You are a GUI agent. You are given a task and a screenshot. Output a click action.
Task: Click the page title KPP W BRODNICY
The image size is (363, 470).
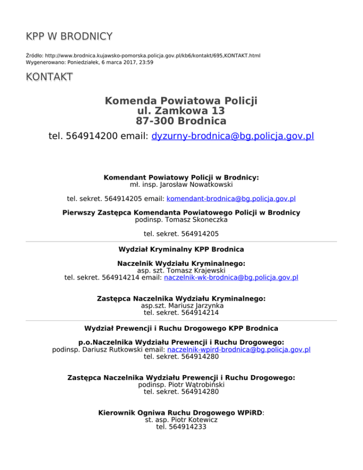point(69,36)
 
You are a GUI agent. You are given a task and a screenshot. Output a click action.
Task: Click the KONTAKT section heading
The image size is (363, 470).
point(50,77)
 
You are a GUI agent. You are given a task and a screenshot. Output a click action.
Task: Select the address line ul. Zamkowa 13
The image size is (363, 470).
point(181,111)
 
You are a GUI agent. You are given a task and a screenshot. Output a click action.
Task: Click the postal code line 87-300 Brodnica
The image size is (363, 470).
point(181,121)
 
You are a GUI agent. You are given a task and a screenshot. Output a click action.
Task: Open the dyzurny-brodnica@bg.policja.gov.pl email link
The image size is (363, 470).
point(233,137)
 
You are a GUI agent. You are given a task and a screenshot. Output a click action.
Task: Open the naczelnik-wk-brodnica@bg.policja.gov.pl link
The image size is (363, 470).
point(231,278)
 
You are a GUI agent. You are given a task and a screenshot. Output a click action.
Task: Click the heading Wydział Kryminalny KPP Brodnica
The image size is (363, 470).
point(181,249)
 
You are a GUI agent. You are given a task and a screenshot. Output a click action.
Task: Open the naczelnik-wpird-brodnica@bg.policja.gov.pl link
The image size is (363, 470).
point(239,349)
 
